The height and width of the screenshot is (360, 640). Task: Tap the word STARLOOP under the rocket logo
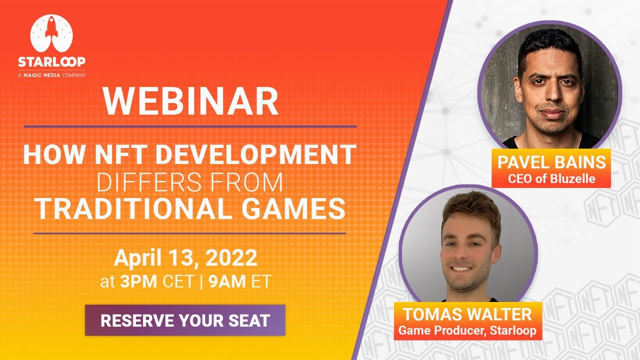tap(51, 61)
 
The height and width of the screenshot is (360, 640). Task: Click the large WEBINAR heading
tap(190, 101)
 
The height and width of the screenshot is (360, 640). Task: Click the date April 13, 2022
tap(185, 258)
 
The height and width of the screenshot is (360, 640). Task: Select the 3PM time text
tap(139, 281)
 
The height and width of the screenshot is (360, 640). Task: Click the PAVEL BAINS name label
tap(551, 162)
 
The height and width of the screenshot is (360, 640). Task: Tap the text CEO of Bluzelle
tap(551, 178)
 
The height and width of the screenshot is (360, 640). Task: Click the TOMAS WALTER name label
tap(467, 315)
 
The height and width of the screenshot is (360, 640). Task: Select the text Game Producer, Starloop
tap(467, 330)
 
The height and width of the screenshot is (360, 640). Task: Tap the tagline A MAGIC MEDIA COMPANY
tap(51, 75)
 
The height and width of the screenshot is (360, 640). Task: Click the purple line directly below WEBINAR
tap(190, 126)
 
